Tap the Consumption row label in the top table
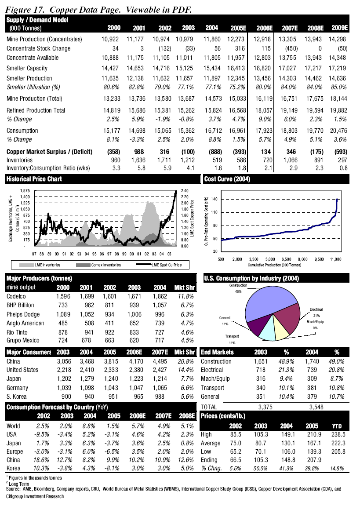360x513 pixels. point(22,131)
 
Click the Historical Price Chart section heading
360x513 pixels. point(34,179)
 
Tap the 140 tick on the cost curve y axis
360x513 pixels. point(214,199)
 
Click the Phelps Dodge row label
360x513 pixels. point(23,314)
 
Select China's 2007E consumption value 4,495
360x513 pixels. point(162,361)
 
